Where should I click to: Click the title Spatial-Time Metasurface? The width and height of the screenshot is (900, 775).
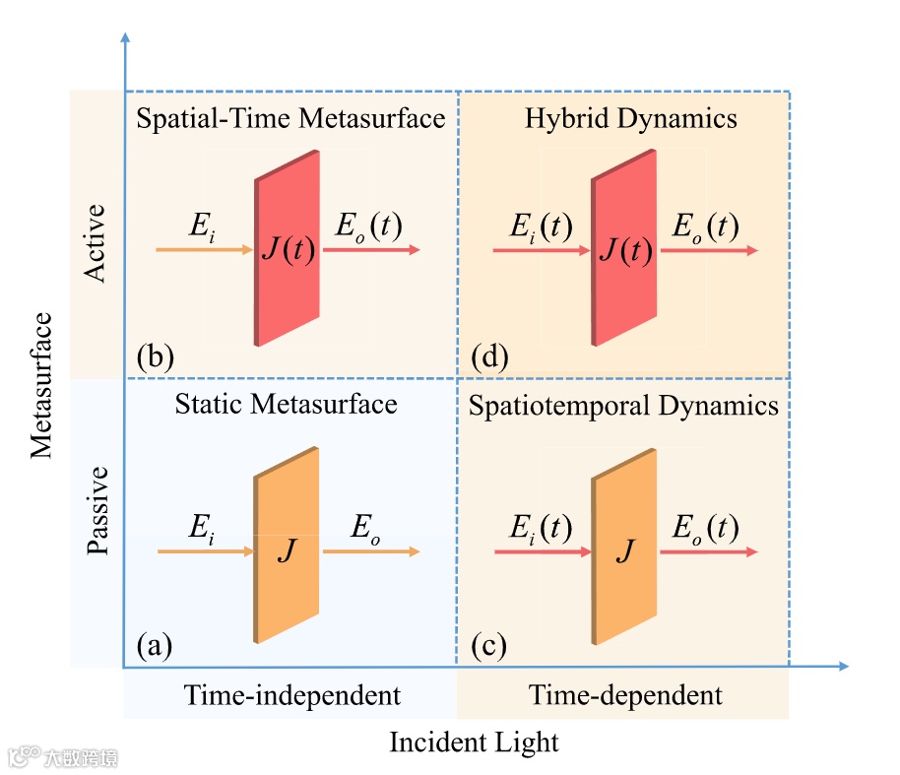click(290, 119)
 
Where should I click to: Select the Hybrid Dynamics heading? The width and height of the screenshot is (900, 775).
click(630, 119)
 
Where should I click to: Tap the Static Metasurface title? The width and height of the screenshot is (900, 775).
click(286, 404)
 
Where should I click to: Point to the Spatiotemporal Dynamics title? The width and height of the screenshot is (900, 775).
click(623, 406)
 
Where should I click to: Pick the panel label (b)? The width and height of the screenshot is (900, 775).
click(156, 355)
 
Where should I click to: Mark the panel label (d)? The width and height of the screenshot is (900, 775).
click(489, 355)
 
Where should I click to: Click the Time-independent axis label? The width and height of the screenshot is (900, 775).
click(292, 695)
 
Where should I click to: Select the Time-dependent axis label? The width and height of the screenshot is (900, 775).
click(625, 695)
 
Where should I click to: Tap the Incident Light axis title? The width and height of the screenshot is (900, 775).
click(474, 742)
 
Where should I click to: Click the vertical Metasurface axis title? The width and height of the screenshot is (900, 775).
click(40, 384)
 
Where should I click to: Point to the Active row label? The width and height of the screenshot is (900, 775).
click(96, 242)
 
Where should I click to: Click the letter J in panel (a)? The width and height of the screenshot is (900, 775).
click(286, 549)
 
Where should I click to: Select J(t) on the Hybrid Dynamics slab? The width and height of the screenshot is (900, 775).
click(625, 251)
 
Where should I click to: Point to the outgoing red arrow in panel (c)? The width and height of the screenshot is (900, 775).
click(709, 552)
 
